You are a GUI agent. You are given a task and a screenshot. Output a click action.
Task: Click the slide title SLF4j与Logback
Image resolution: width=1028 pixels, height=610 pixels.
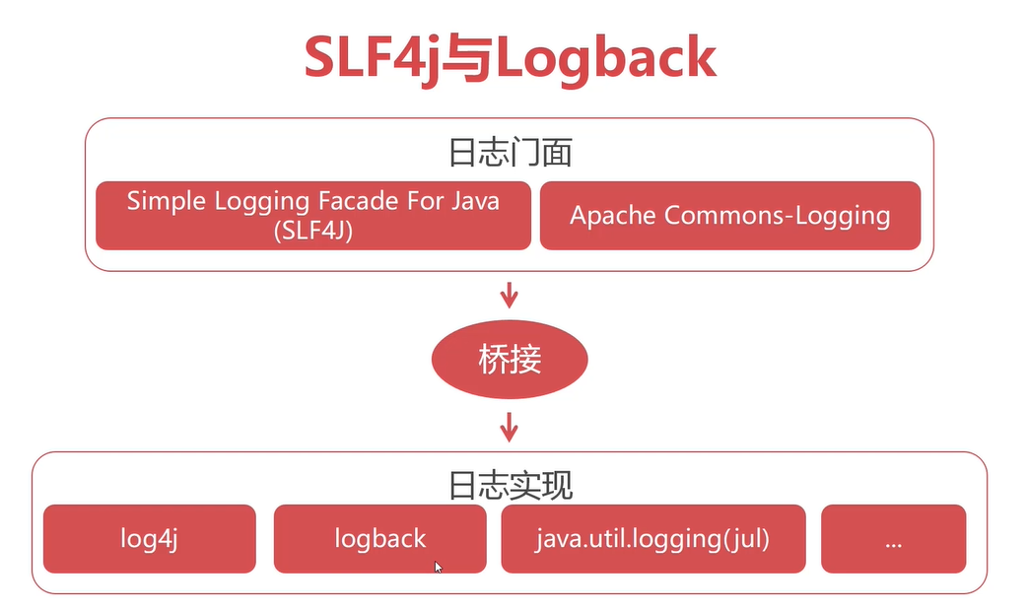tap(510, 58)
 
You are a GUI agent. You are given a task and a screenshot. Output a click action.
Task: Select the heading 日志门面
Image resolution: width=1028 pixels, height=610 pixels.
tap(510, 154)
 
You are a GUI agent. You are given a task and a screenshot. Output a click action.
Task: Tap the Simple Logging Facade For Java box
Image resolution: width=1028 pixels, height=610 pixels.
tap(313, 215)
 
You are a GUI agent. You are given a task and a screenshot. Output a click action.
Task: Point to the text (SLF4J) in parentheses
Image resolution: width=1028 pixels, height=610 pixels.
tap(313, 230)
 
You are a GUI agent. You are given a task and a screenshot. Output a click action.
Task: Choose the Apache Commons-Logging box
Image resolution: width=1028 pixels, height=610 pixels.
tap(729, 215)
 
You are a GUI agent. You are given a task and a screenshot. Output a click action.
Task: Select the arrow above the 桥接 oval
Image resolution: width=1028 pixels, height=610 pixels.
tap(510, 294)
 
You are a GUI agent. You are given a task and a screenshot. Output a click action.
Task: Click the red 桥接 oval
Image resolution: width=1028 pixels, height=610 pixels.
tap(510, 359)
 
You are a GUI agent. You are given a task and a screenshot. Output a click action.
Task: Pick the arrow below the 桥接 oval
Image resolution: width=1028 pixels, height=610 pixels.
tap(510, 426)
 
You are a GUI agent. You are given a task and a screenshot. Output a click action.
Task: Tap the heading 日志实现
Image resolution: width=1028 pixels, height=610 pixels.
tap(510, 486)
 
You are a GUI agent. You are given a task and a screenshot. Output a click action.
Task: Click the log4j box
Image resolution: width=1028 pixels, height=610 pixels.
tap(149, 539)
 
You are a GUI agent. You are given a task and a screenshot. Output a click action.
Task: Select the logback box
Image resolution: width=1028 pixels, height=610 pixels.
tap(379, 539)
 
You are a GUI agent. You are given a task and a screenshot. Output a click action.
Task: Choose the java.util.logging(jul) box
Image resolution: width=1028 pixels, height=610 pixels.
tap(652, 539)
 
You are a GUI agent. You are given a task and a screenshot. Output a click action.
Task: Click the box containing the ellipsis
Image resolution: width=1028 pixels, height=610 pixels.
tap(893, 539)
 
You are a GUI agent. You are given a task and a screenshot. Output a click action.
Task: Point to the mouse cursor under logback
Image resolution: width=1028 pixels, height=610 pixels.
tap(438, 567)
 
